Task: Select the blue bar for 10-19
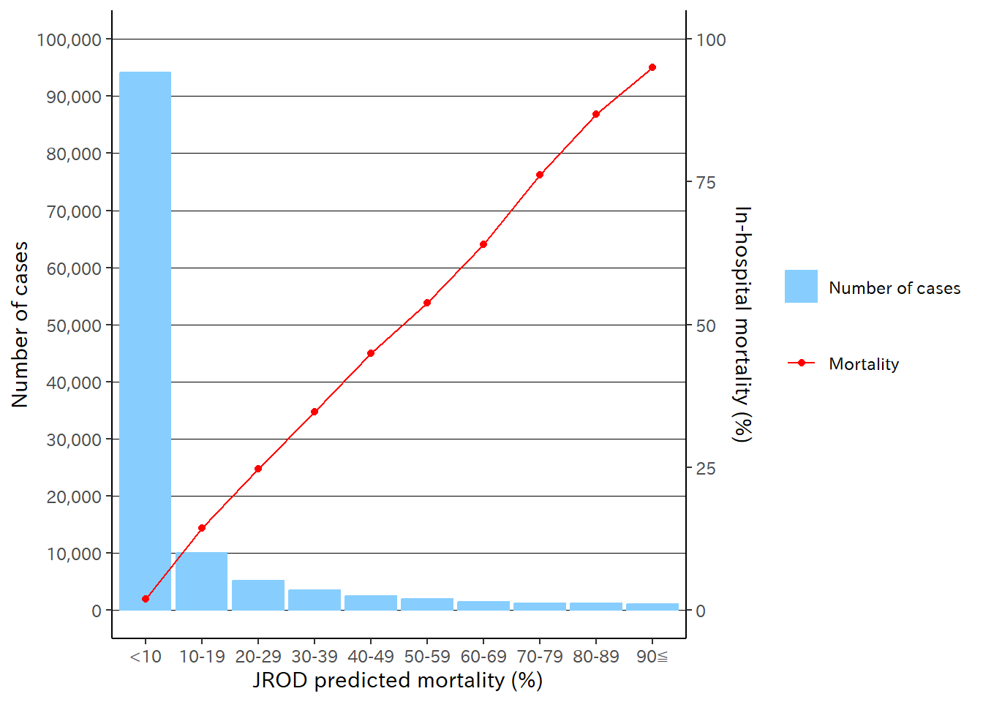[202, 581]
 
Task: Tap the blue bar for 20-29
[258, 595]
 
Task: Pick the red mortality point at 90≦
[652, 67]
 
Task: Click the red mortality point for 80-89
[596, 114]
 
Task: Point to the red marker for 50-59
[427, 303]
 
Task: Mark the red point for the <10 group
[146, 599]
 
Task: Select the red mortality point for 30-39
[315, 412]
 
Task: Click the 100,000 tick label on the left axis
[69, 39]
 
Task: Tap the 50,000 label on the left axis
[74, 325]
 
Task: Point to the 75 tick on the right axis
[706, 183]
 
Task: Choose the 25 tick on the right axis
[706, 469]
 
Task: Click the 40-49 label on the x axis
[371, 657]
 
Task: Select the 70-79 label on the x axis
[540, 657]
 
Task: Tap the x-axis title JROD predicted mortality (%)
[398, 681]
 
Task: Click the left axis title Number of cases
[20, 324]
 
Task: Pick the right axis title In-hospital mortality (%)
[742, 324]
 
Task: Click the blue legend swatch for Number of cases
[801, 287]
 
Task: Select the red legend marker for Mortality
[802, 363]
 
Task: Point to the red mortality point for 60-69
[483, 244]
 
